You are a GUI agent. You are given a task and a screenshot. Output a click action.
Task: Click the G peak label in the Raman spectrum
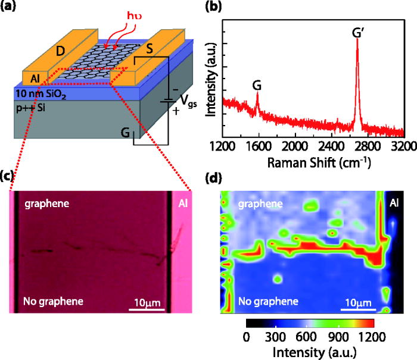[257, 85]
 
